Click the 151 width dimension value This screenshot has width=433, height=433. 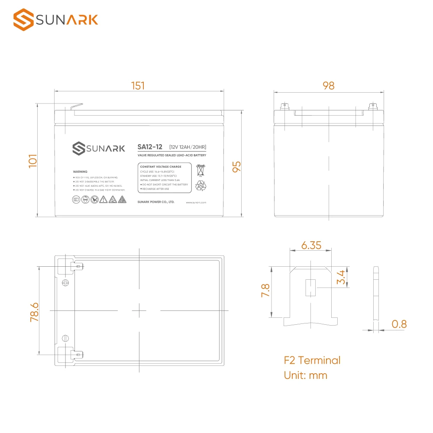(x=138, y=86)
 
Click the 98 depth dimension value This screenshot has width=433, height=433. (x=328, y=86)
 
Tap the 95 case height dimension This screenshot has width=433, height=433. (x=236, y=167)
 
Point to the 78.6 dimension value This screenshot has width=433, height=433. (x=35, y=312)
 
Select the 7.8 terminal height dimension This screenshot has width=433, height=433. (x=265, y=291)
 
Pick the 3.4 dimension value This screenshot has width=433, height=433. (x=341, y=277)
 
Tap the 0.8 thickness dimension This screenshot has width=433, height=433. (x=399, y=324)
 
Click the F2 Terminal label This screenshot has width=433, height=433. (x=312, y=360)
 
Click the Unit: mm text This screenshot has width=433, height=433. (x=305, y=375)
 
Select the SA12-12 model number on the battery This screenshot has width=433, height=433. (x=149, y=147)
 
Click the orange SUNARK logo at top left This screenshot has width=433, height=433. (x=55, y=20)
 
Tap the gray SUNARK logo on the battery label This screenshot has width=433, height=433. (x=98, y=149)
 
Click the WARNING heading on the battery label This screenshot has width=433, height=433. (x=80, y=172)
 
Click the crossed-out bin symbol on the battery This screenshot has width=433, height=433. (x=200, y=170)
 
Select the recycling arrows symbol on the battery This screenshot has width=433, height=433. (x=201, y=186)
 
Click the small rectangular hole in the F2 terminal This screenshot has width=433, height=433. (x=310, y=288)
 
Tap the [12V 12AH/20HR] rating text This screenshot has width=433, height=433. (x=187, y=147)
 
